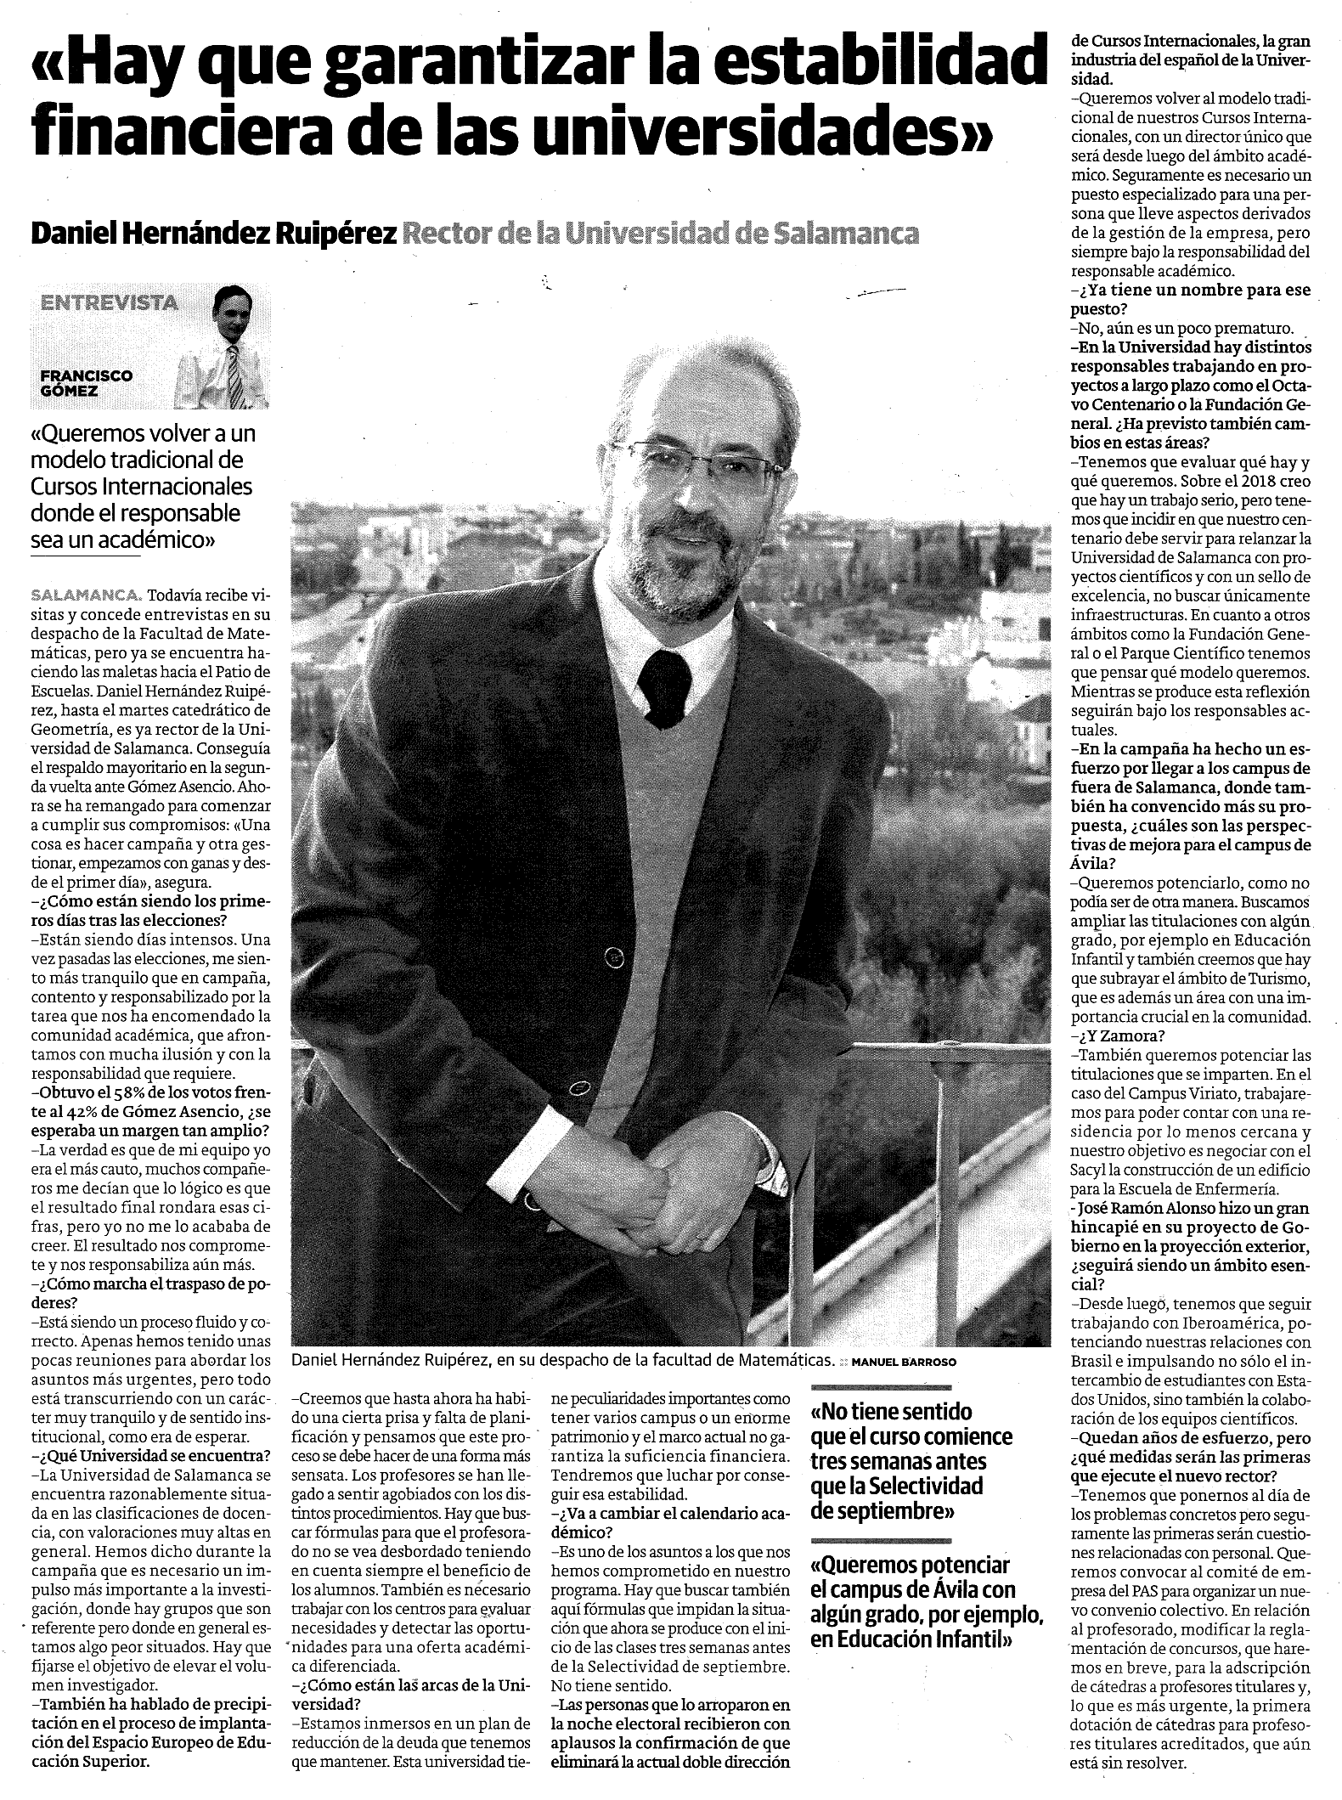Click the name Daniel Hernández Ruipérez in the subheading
pyautogui.click(x=213, y=234)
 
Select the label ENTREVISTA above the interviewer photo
pyautogui.click(x=110, y=302)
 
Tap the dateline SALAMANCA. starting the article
pyautogui.click(x=86, y=593)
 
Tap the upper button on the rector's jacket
pyautogui.click(x=610, y=958)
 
